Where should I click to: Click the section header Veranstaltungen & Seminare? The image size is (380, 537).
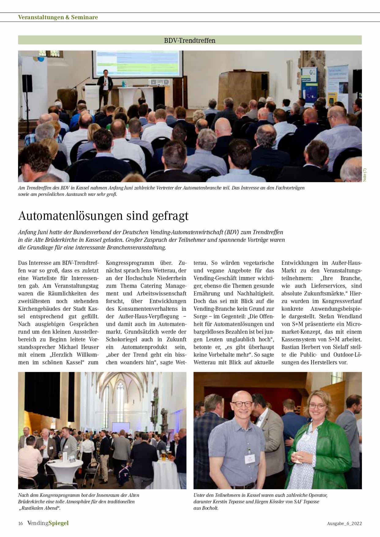pos(58,17)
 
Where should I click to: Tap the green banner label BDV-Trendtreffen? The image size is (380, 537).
pos(190,40)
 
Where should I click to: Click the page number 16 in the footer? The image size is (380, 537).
pos(21,523)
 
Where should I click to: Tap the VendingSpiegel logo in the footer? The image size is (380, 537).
pos(48,523)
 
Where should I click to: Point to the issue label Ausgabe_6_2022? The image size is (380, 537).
pos(344,524)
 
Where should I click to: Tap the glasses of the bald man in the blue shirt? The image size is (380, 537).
pos(242,404)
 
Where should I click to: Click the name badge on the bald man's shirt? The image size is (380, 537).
pos(250,458)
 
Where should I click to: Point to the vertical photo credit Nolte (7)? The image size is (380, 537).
pos(364,175)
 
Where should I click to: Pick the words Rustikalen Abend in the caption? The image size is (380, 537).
pos(40,508)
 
